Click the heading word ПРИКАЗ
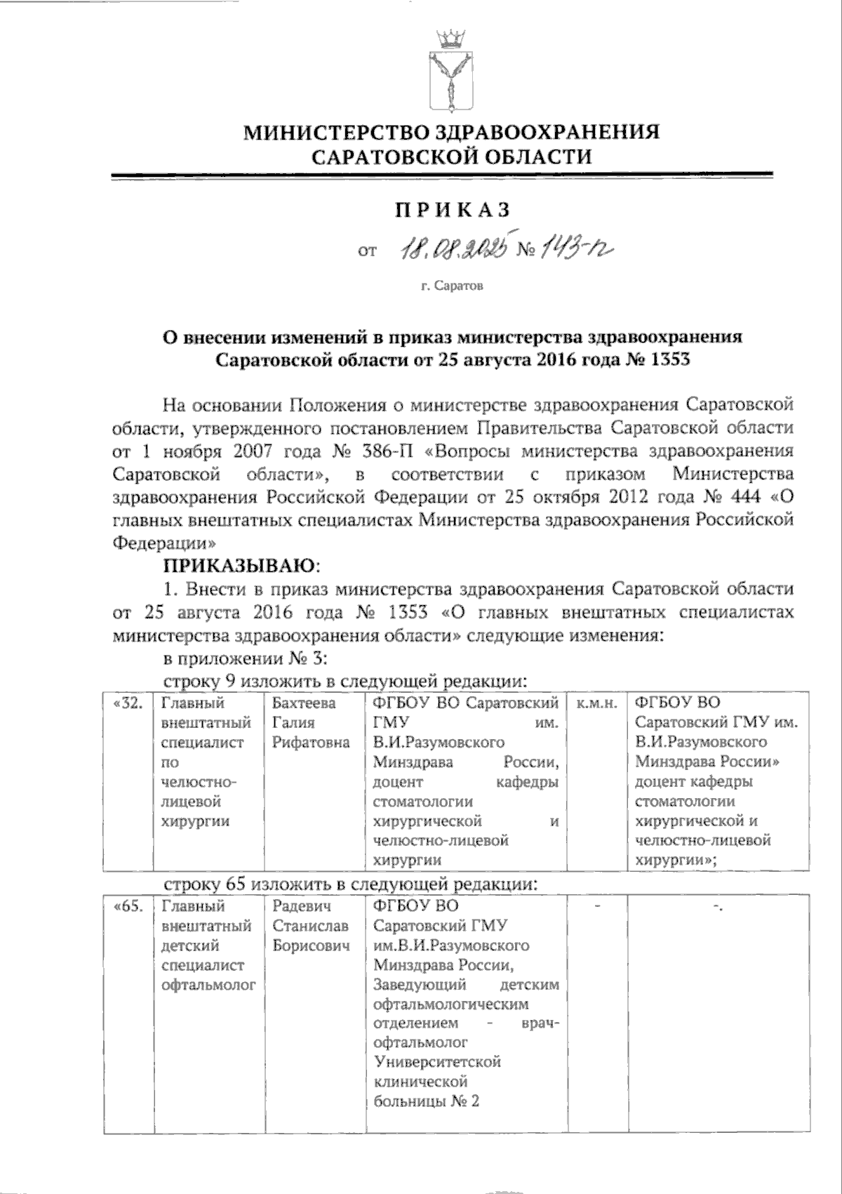[451, 210]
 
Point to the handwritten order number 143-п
[578, 248]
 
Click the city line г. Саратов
[452, 286]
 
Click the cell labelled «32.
[127, 703]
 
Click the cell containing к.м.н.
[595, 703]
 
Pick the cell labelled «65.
[127, 907]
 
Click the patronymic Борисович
[311, 946]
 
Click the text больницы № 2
[426, 1101]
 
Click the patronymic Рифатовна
[311, 742]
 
